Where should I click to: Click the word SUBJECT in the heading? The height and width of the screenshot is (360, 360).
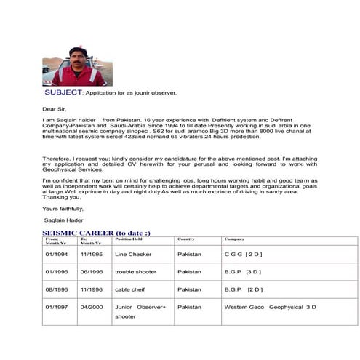coord(63,93)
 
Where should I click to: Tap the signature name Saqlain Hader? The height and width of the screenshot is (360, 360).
coord(63,219)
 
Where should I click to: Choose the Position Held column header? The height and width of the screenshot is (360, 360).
coord(128,239)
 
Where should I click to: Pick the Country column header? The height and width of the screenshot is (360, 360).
coord(185,239)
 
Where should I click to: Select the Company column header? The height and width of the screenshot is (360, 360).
coord(233,239)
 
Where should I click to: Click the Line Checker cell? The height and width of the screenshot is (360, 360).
coord(132,255)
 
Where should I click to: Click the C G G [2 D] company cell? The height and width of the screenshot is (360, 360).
coord(243,255)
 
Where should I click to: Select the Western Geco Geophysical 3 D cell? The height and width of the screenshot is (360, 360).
coord(270,307)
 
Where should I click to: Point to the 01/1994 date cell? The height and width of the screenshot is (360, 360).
coord(56,255)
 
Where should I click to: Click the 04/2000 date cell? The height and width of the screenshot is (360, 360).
coord(92,307)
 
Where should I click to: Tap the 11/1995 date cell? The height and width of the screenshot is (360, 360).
coord(92,255)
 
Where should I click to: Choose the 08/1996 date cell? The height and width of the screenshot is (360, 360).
coord(56,289)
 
